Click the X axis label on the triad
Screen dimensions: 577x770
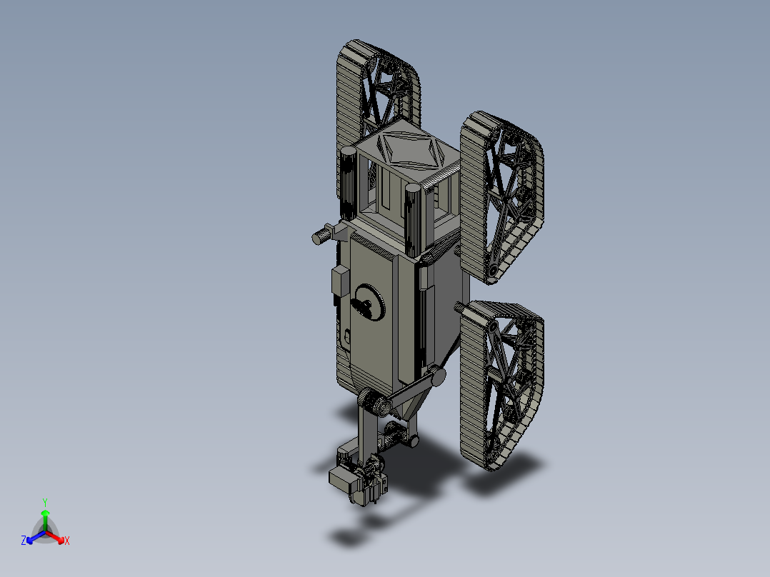click(67, 541)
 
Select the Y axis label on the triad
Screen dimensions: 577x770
click(45, 502)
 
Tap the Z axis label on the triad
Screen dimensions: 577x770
click(24, 541)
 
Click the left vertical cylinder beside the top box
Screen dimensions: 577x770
click(349, 182)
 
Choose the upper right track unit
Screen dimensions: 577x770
click(503, 193)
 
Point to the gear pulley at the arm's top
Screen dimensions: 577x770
click(372, 402)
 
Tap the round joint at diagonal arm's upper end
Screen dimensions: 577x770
click(437, 376)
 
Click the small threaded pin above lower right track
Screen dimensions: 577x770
click(460, 306)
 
